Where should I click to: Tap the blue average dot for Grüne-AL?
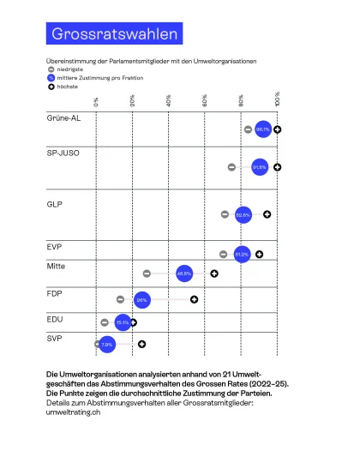point(262,129)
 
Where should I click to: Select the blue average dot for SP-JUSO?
point(259,167)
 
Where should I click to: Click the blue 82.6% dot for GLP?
point(243,214)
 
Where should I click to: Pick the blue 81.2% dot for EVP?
point(242,254)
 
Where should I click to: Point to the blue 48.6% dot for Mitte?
point(184,274)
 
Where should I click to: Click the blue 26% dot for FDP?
point(142,300)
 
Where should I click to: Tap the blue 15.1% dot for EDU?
point(122,322)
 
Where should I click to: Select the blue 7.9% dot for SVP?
point(107,344)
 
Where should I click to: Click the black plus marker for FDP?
point(195,299)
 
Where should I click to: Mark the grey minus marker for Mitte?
point(147,274)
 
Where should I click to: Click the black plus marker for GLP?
point(267,213)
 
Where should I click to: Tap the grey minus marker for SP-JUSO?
point(231,167)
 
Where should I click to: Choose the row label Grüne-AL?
point(64,118)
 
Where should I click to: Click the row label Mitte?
point(57,266)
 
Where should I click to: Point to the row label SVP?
point(55,340)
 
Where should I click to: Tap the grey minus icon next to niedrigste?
point(51,69)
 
